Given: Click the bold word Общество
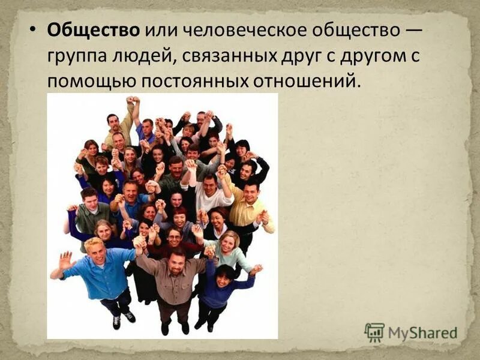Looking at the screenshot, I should (x=94, y=30).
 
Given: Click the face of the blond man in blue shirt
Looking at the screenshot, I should (x=95, y=253).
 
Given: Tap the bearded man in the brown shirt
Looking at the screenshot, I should (x=174, y=282).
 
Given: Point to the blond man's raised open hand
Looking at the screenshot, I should (x=65, y=260).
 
